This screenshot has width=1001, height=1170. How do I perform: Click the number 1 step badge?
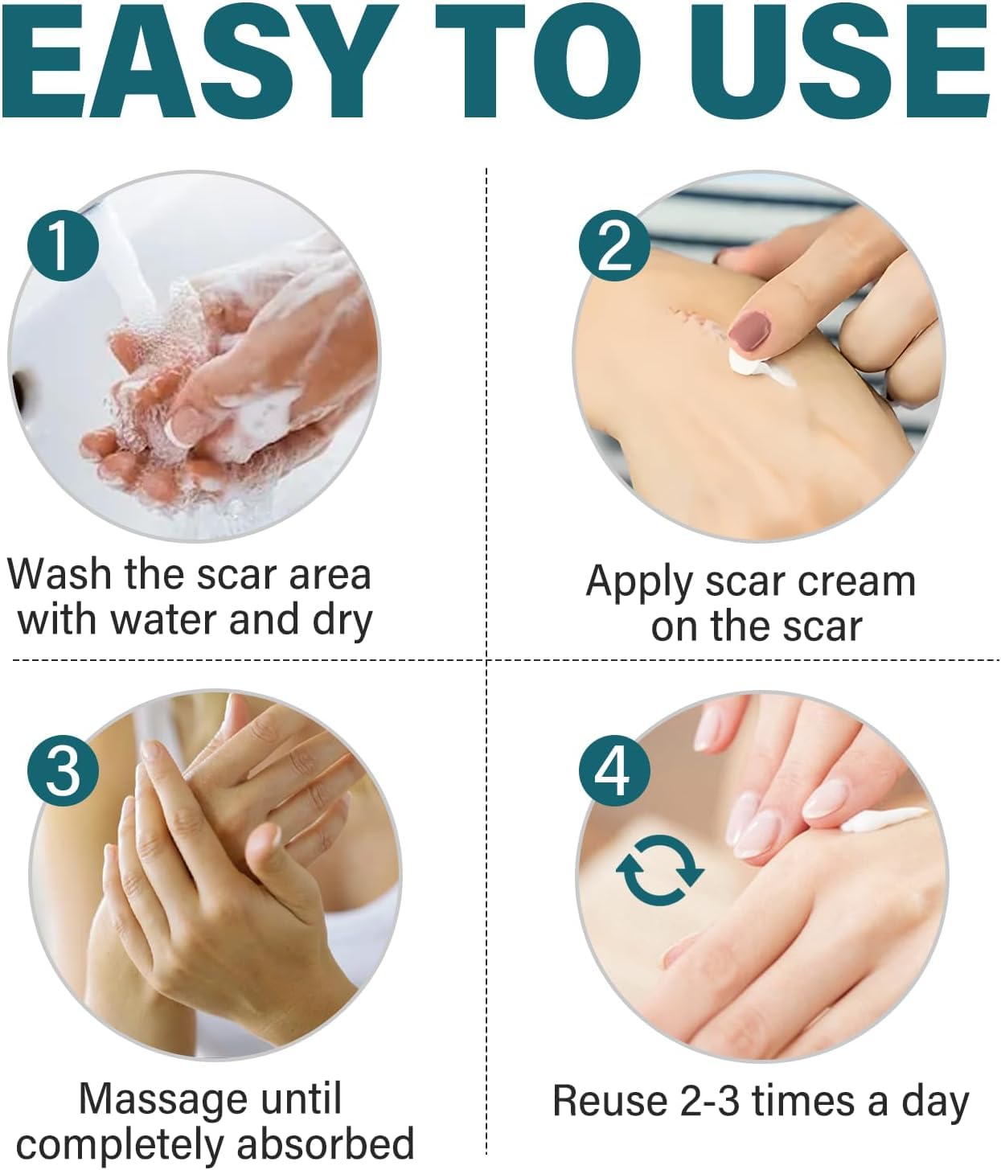click(63, 246)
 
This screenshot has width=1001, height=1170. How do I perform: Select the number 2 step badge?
click(614, 246)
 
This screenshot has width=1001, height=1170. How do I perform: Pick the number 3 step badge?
click(63, 770)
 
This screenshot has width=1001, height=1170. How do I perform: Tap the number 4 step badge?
click(614, 770)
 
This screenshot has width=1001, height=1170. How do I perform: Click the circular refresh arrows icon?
click(659, 870)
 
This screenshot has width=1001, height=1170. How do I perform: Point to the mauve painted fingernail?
click(750, 330)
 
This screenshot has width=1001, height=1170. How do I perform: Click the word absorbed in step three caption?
click(326, 1143)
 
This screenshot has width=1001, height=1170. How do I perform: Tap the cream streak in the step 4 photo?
click(884, 821)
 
